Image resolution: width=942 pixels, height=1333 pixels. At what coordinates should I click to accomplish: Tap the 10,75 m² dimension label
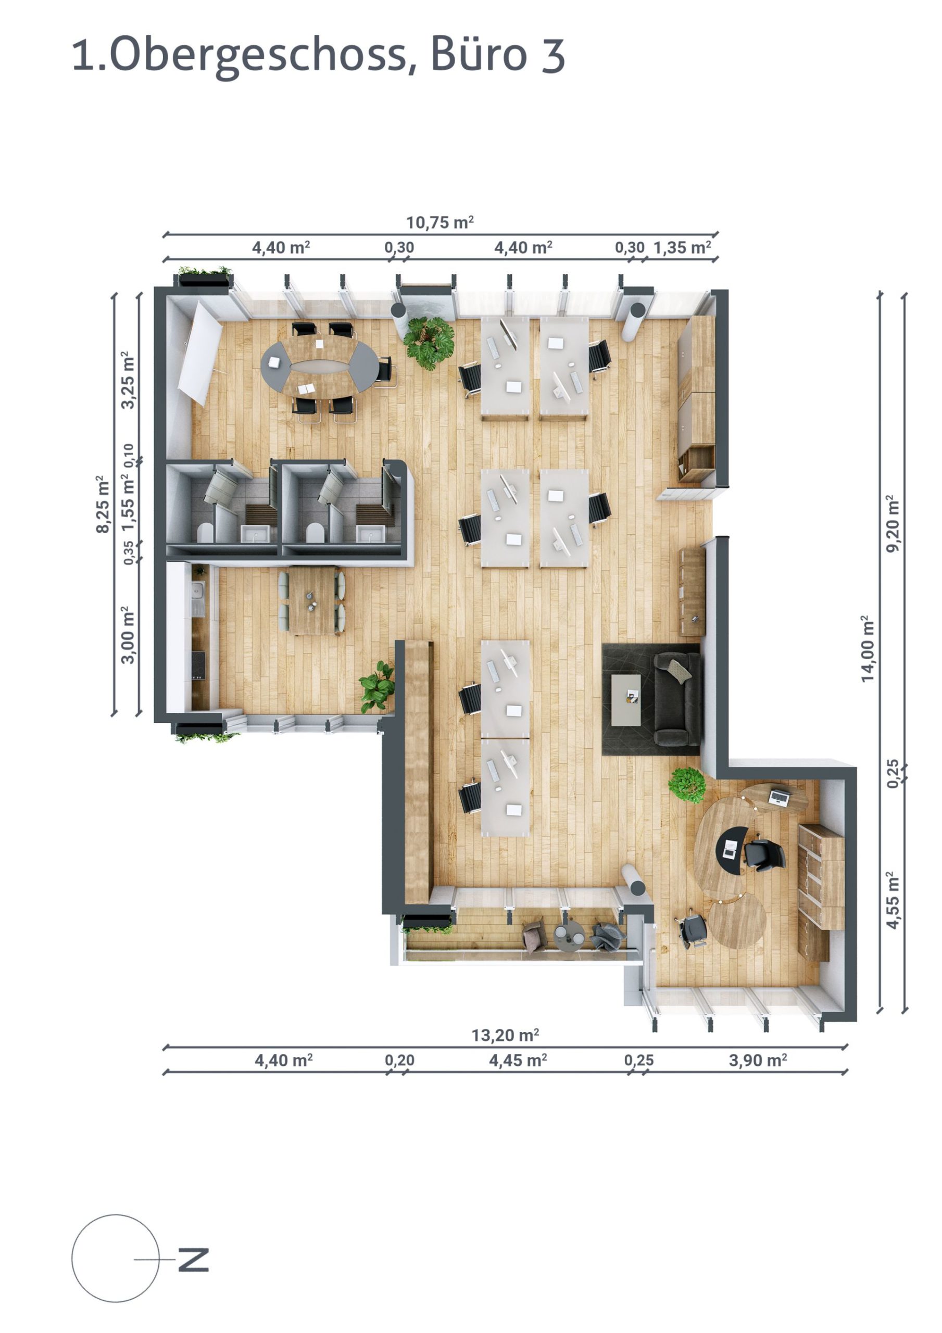tap(439, 222)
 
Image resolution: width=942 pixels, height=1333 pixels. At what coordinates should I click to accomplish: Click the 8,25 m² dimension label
tap(103, 504)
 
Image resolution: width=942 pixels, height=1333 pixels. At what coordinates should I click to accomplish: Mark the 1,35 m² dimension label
tap(682, 248)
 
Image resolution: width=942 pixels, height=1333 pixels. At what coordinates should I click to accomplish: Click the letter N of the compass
tap(193, 1259)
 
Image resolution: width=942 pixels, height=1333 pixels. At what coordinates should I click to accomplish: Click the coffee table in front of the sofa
tap(625, 700)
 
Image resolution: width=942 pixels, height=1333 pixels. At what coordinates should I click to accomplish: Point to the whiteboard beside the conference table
tap(199, 353)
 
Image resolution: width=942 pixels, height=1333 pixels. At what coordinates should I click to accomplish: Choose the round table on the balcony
tap(569, 935)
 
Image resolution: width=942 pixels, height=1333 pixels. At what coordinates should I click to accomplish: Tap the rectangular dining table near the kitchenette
tap(312, 600)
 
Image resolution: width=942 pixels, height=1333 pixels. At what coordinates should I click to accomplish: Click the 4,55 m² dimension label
tap(893, 899)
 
